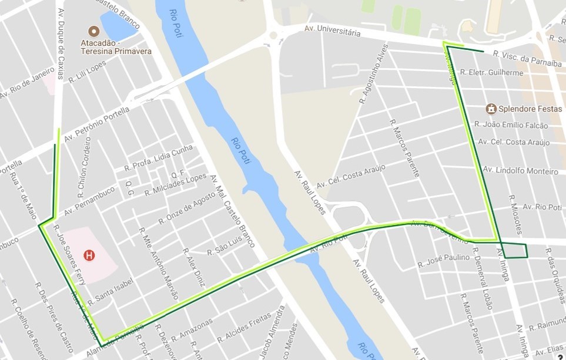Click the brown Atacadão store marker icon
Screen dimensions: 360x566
[x=93, y=31]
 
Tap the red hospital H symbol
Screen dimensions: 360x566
[x=89, y=255]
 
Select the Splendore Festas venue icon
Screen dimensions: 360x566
[x=491, y=109]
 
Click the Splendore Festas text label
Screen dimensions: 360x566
[x=523, y=109]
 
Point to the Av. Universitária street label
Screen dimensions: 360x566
[x=332, y=31]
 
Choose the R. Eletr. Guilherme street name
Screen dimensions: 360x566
[x=491, y=73]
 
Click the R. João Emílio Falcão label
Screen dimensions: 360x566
[x=511, y=125]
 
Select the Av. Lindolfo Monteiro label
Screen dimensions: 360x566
[x=520, y=170]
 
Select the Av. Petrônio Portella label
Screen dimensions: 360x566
[x=95, y=123]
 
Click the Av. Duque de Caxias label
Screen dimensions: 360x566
[x=61, y=44]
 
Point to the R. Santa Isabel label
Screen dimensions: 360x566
[x=110, y=290]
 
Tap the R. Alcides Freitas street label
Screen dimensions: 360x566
[x=244, y=329]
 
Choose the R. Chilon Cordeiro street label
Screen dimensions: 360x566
[x=83, y=168]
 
